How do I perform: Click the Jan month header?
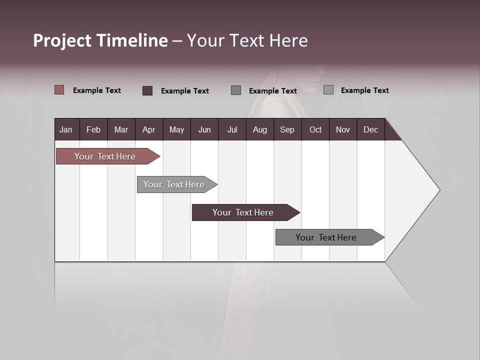click(x=66, y=129)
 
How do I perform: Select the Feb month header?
click(x=93, y=129)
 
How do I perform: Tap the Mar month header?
click(x=121, y=129)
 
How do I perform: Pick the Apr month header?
click(x=148, y=129)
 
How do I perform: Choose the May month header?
click(x=176, y=129)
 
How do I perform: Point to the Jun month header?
click(x=204, y=129)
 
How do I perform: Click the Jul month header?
click(x=232, y=129)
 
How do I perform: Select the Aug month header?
click(x=259, y=129)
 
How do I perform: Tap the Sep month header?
click(x=287, y=129)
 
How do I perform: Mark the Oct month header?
click(x=315, y=129)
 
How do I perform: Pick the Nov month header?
click(x=343, y=129)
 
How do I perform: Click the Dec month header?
click(x=370, y=129)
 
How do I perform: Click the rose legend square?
click(x=59, y=90)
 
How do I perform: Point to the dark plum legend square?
click(x=147, y=90)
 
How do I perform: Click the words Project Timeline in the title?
click(x=100, y=40)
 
